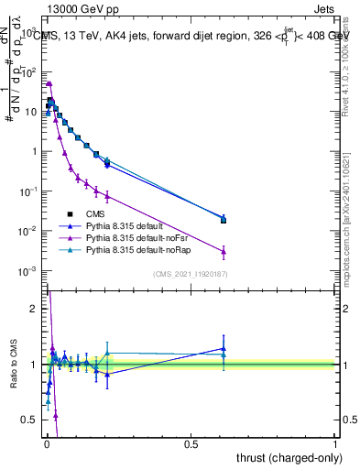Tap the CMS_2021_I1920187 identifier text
190,274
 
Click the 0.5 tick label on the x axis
191,443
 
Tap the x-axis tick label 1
335,443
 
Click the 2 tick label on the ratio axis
34,309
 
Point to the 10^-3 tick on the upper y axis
29,270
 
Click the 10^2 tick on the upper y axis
29,71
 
